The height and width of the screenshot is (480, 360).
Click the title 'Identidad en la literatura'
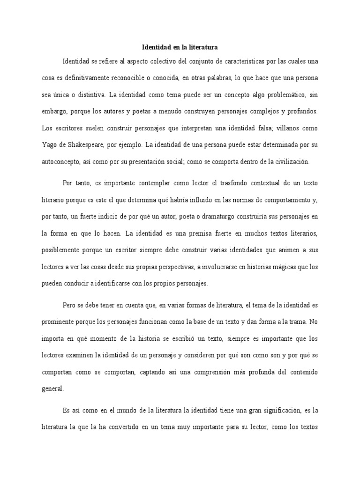point(180,47)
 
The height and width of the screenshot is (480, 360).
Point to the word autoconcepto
point(61,161)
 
